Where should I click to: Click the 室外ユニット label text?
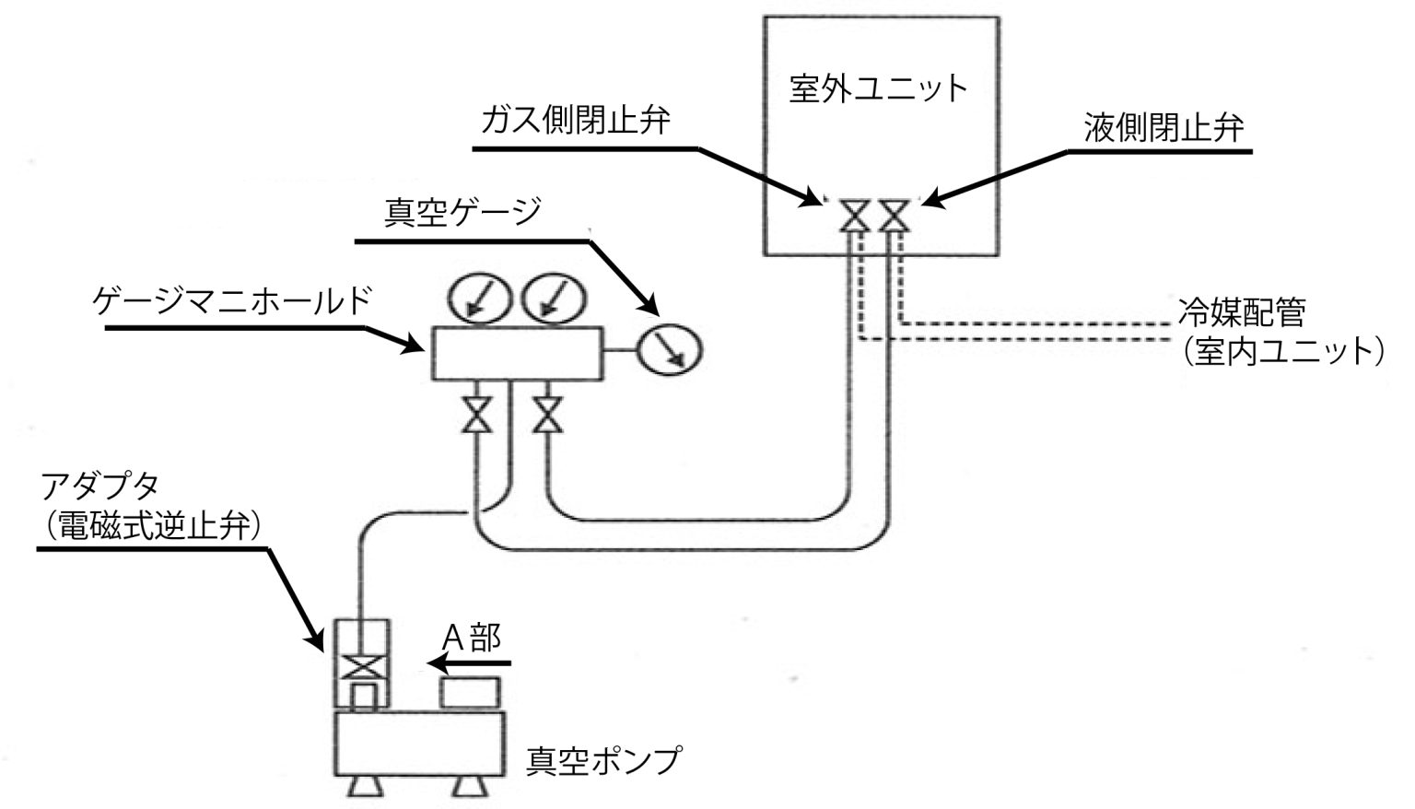coord(879,88)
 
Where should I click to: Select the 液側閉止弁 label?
coord(1163,127)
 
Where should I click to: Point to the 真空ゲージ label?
coord(462,213)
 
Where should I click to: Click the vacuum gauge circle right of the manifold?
coord(670,349)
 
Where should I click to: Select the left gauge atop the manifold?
coord(479,297)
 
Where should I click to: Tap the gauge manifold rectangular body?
coord(516,352)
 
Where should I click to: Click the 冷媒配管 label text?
coord(1242,312)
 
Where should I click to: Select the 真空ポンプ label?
coord(603,761)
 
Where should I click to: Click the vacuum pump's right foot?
coord(470,787)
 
